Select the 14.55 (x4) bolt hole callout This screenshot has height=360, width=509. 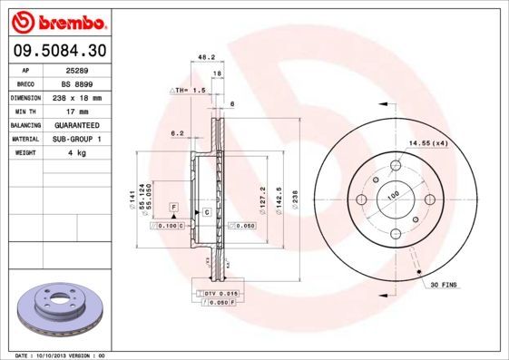click(x=428, y=143)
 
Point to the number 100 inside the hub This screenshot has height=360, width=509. click(x=393, y=194)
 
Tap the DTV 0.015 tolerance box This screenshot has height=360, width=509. click(x=220, y=294)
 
